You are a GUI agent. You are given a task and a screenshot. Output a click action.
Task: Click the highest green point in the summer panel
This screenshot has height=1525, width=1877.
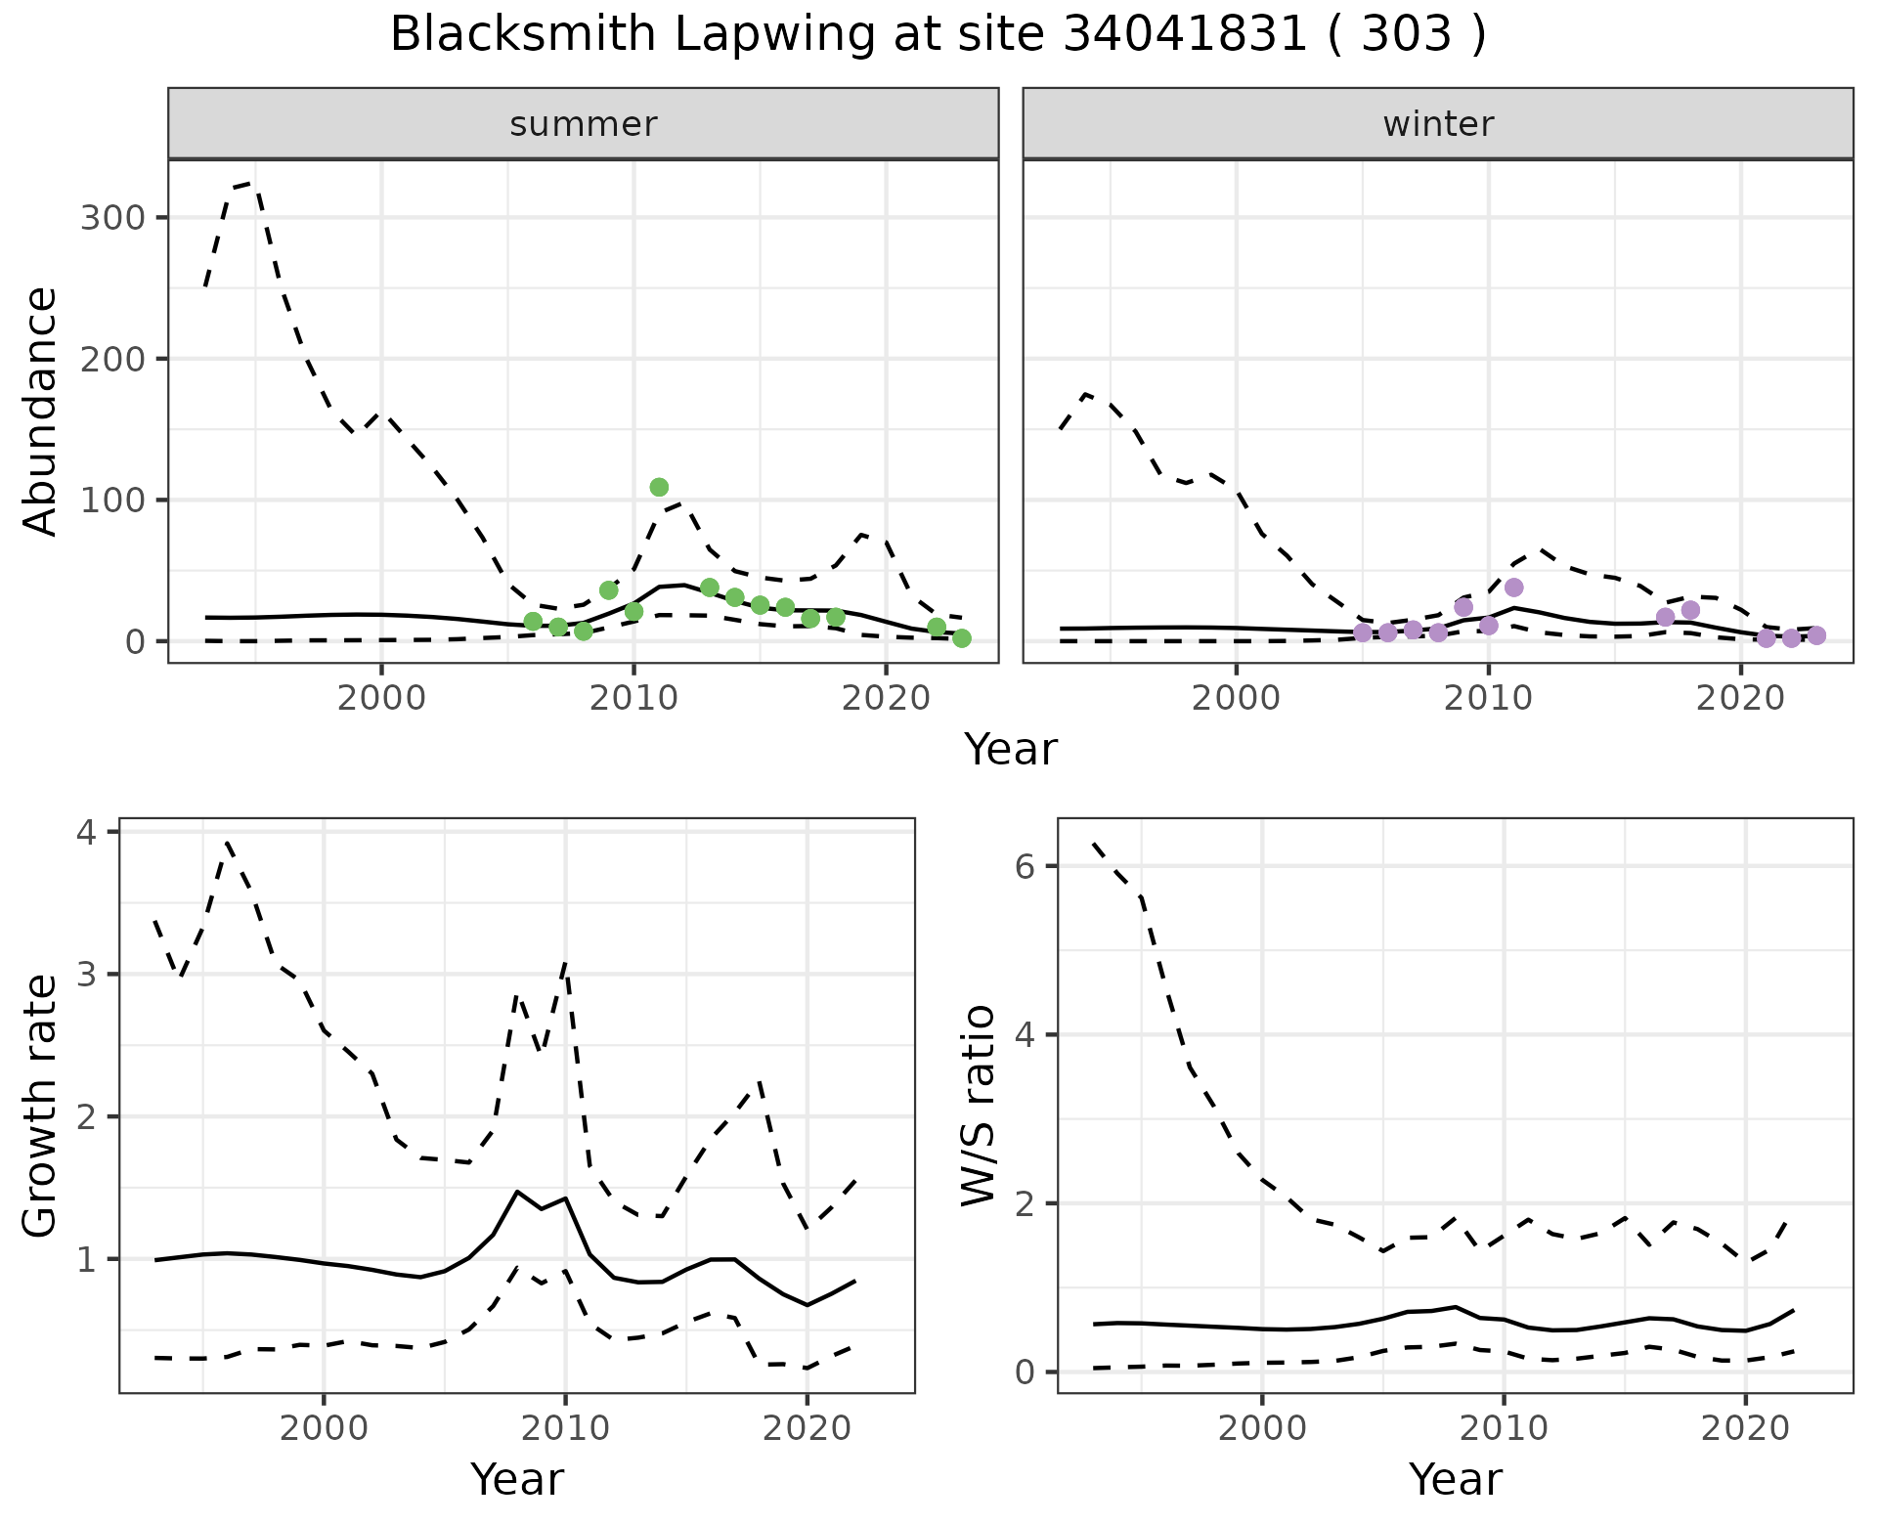(x=659, y=487)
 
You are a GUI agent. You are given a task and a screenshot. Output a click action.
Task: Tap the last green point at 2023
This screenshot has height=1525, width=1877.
(x=962, y=638)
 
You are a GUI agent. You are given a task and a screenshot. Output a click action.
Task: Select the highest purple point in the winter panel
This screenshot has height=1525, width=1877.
(x=1514, y=588)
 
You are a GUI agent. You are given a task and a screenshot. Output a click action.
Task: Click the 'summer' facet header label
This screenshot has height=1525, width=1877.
(x=584, y=124)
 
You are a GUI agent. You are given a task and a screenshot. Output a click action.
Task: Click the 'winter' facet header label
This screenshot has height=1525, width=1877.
(x=1438, y=124)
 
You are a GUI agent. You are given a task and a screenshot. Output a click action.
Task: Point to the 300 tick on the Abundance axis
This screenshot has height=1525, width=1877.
(x=111, y=217)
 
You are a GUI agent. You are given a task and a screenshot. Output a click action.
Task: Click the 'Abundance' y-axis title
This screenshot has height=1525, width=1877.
(x=41, y=411)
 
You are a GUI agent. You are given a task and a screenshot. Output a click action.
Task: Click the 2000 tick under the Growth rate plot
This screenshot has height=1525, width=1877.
(x=324, y=1428)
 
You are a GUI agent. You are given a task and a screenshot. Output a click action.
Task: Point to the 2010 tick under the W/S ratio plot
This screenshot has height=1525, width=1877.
(x=1504, y=1428)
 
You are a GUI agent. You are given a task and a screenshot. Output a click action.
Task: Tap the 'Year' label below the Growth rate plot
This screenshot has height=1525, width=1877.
(x=517, y=1480)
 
